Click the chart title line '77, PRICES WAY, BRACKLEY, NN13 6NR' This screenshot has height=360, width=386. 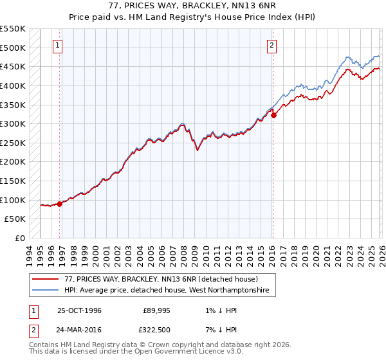click(x=193, y=6)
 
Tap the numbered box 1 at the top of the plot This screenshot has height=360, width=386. click(x=59, y=45)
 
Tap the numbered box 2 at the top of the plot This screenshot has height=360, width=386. click(x=272, y=45)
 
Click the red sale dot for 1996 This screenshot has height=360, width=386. click(x=60, y=204)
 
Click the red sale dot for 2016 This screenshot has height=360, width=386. click(x=273, y=116)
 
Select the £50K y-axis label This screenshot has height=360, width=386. click(x=17, y=219)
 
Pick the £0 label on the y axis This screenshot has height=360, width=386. click(x=21, y=238)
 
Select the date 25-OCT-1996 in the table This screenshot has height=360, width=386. click(x=79, y=310)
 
